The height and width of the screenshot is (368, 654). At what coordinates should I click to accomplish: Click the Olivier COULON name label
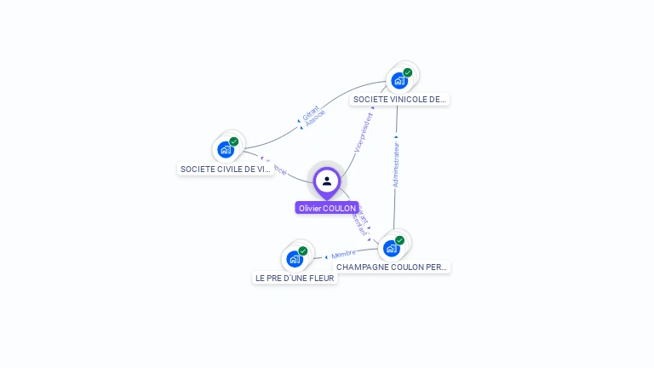point(327,208)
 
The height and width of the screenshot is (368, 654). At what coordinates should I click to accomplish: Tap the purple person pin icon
point(327,181)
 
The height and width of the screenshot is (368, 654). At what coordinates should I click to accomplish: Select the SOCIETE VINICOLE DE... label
point(399,100)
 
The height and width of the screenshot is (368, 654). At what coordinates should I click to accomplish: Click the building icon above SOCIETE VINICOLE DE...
point(399,81)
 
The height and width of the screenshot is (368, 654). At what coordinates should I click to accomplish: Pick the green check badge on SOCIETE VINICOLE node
point(408,72)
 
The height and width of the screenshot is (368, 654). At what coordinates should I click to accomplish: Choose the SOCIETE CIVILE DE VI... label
point(226,170)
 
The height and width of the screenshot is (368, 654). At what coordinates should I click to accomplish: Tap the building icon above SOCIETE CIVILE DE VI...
point(225,150)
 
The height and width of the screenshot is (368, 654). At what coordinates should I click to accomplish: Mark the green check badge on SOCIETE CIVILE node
point(234,141)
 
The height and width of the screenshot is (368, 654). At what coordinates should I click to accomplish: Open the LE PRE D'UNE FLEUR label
point(295,278)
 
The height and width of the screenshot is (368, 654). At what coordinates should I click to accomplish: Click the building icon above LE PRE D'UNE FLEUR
point(294,259)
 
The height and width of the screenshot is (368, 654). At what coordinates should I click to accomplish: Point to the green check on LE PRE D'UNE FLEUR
point(303,250)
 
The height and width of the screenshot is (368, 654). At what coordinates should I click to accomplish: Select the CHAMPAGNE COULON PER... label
point(391,267)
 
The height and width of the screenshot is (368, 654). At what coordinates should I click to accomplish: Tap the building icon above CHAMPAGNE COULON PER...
point(391,248)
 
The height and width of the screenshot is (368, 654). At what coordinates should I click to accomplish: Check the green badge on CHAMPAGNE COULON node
point(400,239)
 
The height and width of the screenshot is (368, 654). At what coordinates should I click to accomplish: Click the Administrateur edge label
point(396,160)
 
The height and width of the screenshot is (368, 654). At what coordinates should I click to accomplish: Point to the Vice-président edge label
point(364,132)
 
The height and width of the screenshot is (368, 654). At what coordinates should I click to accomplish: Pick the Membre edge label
point(344,254)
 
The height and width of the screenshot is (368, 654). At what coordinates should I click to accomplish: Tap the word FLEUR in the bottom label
point(321,278)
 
